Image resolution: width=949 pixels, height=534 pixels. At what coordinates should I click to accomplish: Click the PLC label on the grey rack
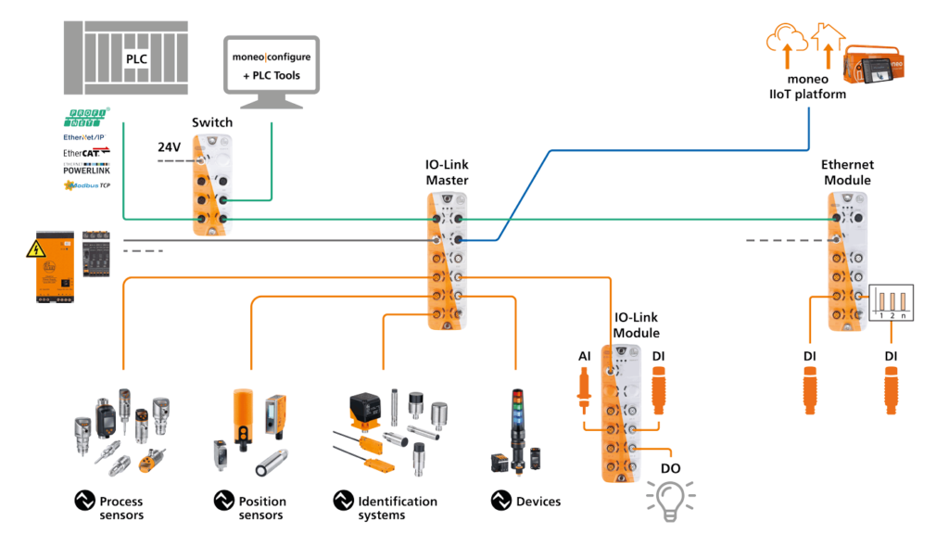coord(136,58)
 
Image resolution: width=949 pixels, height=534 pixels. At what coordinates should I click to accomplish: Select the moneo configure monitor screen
coord(272,67)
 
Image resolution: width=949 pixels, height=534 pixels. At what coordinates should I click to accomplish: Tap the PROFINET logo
coord(87,117)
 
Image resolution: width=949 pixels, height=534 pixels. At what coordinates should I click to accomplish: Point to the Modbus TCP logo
coord(86,185)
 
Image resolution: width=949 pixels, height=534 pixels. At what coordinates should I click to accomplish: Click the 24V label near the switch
coord(170,146)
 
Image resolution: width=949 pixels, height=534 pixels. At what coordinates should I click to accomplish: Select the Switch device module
coord(212,184)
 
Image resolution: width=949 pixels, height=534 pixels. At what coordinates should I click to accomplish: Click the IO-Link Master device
coord(447,261)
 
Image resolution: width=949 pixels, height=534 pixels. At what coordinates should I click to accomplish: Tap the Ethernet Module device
coord(847,261)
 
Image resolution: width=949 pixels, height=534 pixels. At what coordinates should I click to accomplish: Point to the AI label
coord(584,356)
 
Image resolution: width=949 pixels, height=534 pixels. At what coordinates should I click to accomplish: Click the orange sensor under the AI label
coord(584,388)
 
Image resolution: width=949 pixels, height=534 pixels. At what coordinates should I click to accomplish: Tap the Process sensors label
coord(121,508)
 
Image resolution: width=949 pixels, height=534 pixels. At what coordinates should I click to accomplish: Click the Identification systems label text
coord(398,508)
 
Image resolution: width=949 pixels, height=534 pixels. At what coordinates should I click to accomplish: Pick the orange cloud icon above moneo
coord(786,42)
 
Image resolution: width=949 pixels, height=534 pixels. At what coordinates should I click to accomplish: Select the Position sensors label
coord(262,508)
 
